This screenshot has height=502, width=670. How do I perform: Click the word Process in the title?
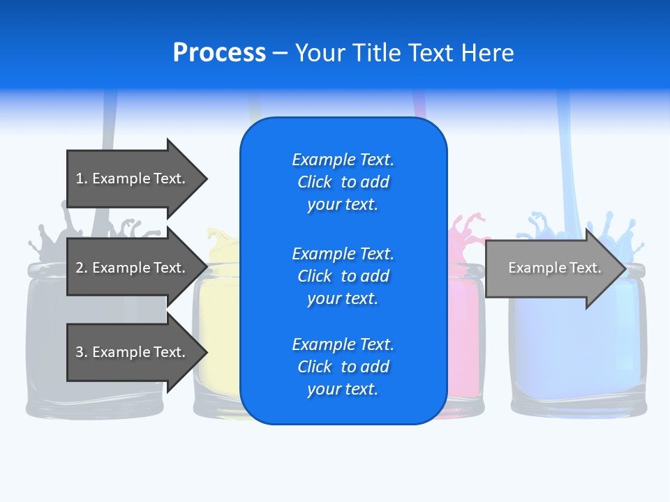pyautogui.click(x=219, y=53)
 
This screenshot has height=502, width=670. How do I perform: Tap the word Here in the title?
pyautogui.click(x=488, y=53)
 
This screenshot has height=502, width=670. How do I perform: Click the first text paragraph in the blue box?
pyautogui.click(x=343, y=182)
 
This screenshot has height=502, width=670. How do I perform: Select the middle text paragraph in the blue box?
pyautogui.click(x=343, y=276)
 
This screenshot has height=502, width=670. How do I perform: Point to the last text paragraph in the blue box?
pyautogui.click(x=343, y=367)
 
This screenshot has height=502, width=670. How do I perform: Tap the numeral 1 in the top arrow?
pyautogui.click(x=80, y=178)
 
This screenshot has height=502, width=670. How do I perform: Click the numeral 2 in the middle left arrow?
pyautogui.click(x=80, y=268)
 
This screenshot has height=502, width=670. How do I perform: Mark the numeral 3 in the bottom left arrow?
pyautogui.click(x=80, y=352)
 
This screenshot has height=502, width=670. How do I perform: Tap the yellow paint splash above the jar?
pyautogui.click(x=223, y=241)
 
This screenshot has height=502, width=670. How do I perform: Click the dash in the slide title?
pyautogui.click(x=281, y=53)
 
